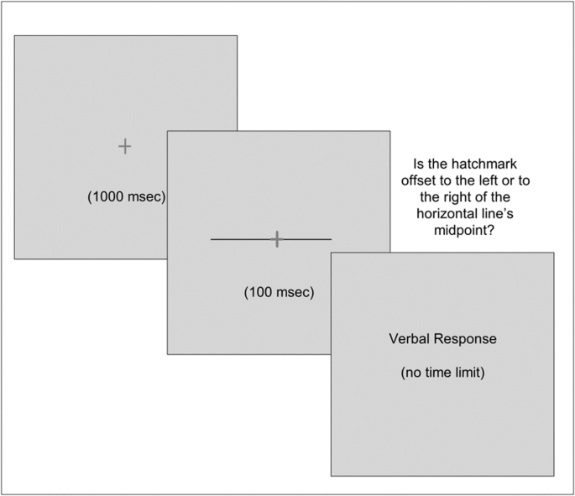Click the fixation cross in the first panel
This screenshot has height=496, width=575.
[124, 147]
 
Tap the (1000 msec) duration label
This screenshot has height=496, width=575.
[125, 197]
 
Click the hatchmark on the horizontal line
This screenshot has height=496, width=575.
[276, 240]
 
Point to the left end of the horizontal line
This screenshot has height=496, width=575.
[212, 240]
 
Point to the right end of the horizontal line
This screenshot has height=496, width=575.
[331, 240]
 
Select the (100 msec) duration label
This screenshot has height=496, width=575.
[279, 292]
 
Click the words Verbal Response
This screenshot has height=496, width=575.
[442, 339]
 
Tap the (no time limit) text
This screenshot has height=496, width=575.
[442, 372]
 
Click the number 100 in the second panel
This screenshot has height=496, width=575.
[260, 292]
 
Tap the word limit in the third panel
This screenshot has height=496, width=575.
[468, 372]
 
